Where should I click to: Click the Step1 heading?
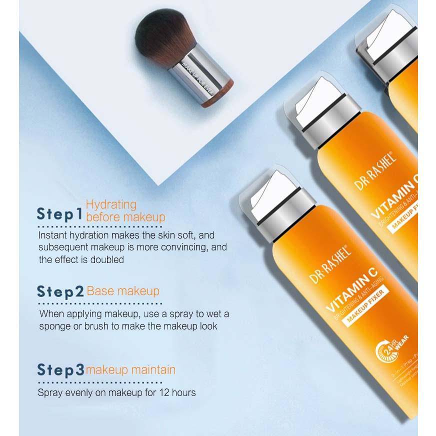[59, 214]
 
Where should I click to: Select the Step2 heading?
[60, 292]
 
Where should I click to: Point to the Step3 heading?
[60, 370]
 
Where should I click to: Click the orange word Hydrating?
[111, 204]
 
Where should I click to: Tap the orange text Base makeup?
[123, 291]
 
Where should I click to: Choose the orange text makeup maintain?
[130, 370]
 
